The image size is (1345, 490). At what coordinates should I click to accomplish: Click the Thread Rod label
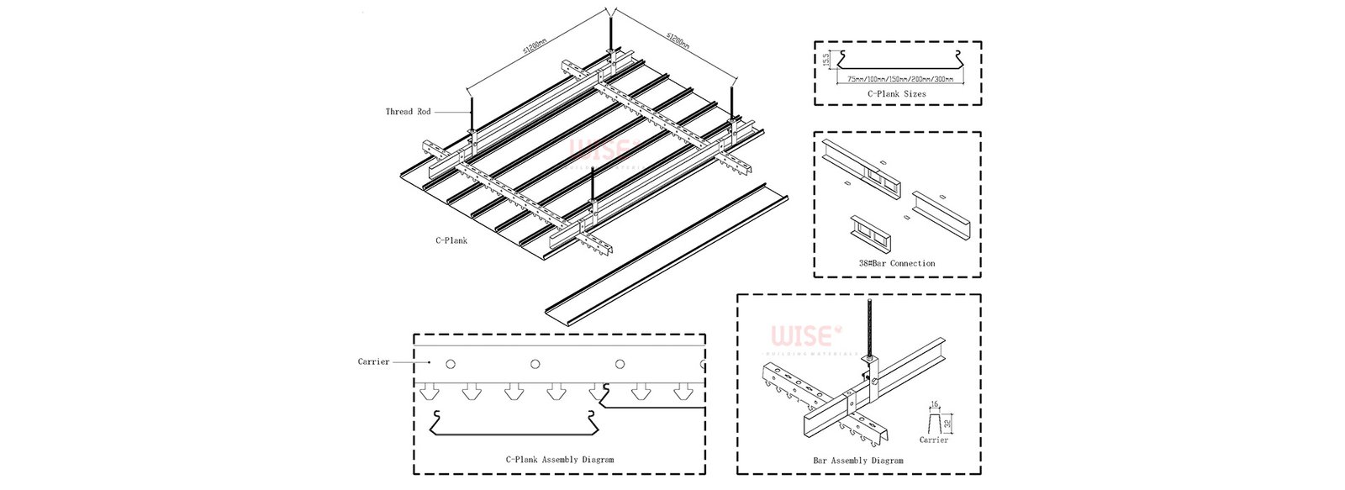408,112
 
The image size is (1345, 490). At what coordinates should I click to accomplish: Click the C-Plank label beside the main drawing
451,240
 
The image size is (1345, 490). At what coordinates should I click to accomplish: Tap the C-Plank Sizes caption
897,94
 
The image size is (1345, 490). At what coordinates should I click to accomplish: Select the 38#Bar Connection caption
897,263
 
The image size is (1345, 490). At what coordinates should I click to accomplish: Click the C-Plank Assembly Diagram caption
559,460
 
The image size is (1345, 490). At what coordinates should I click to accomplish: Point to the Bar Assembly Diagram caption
858,461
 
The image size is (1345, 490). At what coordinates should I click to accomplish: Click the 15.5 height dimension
826,61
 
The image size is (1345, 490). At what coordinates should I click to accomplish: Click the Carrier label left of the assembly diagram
373,362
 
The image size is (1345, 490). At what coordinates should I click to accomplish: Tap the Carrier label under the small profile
934,440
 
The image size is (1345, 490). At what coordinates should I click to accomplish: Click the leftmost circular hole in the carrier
451,364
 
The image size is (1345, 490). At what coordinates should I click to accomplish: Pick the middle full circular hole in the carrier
535,364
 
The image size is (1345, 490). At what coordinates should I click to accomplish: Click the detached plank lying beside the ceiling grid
664,252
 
